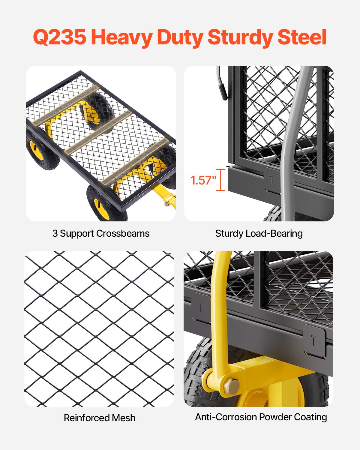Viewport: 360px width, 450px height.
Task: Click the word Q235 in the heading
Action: (59, 37)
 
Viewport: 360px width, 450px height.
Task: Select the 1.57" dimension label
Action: (203, 180)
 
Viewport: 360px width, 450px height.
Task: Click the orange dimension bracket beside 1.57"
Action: (221, 180)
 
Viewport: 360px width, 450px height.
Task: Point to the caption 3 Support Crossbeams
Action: (101, 233)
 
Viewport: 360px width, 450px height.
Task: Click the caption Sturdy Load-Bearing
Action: (259, 233)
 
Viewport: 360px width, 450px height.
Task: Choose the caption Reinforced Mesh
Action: (100, 418)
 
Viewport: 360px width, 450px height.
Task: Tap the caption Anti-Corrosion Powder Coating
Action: (261, 417)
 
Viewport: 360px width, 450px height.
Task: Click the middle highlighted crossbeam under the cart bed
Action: (99, 131)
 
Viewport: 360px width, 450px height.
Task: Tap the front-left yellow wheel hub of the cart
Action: (98, 204)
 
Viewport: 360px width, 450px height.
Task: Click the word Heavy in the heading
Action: (121, 37)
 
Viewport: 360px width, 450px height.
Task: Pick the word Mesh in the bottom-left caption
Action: (123, 418)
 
